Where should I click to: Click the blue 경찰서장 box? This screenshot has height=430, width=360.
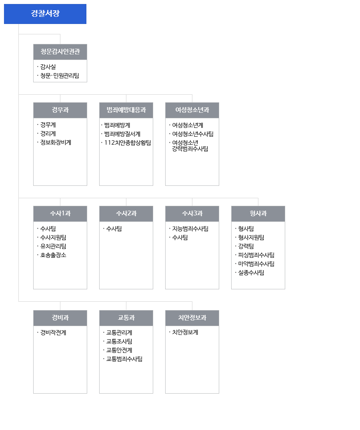45,14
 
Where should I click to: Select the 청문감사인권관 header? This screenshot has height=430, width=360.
60,52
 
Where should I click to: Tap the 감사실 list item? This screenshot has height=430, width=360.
48,67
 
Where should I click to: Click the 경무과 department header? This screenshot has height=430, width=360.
60,110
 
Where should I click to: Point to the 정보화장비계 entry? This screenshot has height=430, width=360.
56,142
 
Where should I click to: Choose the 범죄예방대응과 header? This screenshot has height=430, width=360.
126,110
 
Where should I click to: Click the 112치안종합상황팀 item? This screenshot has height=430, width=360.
128,143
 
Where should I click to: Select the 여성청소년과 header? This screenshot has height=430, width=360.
192,110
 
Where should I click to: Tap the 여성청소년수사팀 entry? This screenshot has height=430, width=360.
193,134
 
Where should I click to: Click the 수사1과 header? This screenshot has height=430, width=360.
60,214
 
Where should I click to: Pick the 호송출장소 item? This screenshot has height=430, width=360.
53,255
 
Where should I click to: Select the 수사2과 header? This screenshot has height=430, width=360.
126,214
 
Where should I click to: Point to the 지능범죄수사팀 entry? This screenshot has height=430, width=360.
190,229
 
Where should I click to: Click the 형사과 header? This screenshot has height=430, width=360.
258,214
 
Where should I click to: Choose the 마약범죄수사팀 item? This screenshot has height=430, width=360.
256,264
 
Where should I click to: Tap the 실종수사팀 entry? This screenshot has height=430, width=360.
251,273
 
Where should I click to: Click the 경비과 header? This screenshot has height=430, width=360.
60,318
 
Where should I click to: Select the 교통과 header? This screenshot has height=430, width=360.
126,318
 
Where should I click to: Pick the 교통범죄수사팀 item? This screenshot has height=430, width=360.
124,359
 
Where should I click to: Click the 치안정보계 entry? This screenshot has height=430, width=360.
185,332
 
